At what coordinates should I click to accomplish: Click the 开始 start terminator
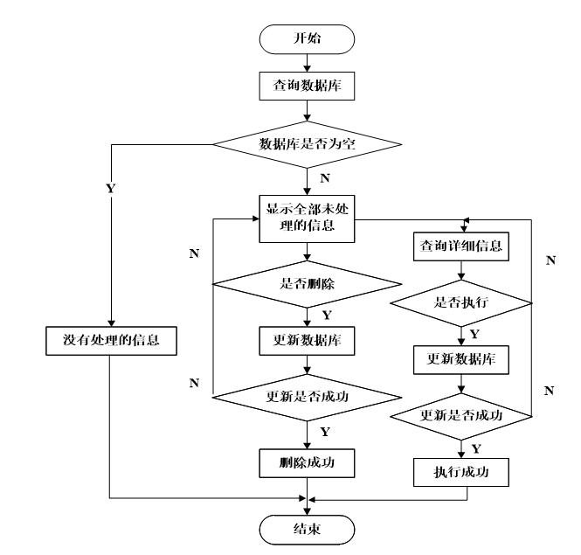[307, 39]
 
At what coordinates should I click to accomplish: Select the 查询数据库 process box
[307, 86]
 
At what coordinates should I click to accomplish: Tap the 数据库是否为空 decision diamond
[308, 144]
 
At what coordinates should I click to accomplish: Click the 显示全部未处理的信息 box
[307, 219]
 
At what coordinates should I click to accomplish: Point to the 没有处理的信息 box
[111, 341]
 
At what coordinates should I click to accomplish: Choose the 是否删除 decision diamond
[308, 284]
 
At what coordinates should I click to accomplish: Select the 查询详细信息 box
[461, 246]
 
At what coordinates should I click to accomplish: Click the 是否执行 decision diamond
[461, 303]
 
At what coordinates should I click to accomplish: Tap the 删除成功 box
[307, 463]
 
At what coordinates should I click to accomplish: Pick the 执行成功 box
[461, 472]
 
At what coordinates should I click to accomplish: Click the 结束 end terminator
[307, 530]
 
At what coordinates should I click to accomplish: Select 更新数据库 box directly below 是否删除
[307, 341]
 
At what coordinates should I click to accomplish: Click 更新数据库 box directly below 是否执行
[461, 359]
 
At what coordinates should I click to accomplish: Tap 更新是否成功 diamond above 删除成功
[308, 398]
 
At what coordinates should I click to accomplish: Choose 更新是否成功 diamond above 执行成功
[461, 416]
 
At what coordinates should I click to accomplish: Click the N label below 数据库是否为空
[325, 178]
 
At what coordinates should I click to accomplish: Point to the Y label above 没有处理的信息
[111, 188]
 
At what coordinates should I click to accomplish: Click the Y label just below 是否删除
[327, 316]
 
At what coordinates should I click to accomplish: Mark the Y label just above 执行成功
[476, 449]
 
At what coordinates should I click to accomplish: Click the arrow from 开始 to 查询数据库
[307, 63]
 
